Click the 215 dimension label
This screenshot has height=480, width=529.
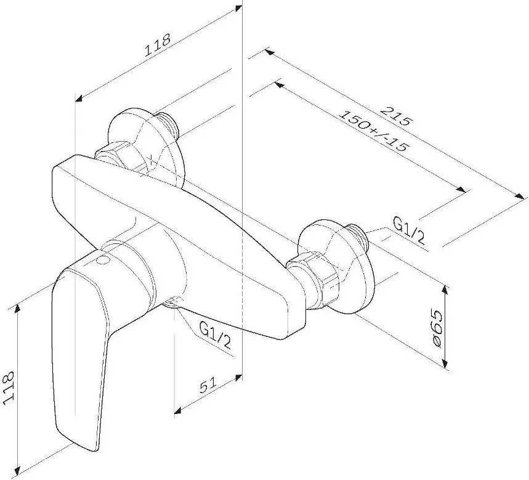pos(397,116)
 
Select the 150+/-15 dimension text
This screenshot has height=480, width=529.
pos(374,131)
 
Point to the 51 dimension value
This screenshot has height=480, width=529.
pos(208,386)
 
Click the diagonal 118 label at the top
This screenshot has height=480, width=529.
pos(157,44)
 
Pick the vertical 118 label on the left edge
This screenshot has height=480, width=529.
pos(8,388)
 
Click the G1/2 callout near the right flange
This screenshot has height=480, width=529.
pos(409,230)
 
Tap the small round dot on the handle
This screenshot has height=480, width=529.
pos(103,260)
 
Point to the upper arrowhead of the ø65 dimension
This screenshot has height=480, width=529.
pos(446,290)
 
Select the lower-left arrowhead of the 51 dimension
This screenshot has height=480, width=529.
pos(178,410)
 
